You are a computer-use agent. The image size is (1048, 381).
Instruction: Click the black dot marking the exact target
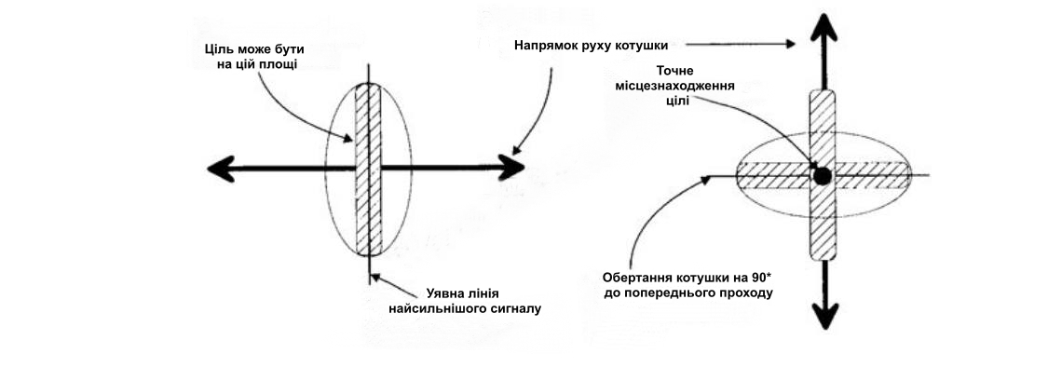coord(822,176)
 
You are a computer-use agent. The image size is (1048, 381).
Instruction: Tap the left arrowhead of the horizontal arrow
coord(221,169)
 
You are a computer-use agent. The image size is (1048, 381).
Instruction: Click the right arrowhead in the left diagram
coord(511,167)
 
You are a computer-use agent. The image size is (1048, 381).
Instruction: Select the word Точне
coord(675,70)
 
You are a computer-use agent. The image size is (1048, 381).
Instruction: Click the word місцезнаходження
coord(674,86)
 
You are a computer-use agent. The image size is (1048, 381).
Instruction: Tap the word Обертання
coord(635,278)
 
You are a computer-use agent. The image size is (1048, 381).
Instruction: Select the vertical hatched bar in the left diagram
coord(368,170)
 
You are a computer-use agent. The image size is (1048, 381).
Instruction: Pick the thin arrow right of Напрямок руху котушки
coord(740,44)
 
